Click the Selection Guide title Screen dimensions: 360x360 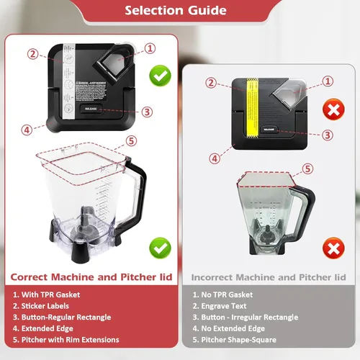pos(179,10)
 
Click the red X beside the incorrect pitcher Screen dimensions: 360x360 pos(333,249)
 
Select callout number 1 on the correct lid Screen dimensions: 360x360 pos(150,48)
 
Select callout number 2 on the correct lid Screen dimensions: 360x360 pos(33,54)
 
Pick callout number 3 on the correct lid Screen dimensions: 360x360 pos(146,112)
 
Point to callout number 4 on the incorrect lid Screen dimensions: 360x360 pos(214,158)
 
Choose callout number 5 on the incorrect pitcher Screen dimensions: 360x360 pos(307,169)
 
